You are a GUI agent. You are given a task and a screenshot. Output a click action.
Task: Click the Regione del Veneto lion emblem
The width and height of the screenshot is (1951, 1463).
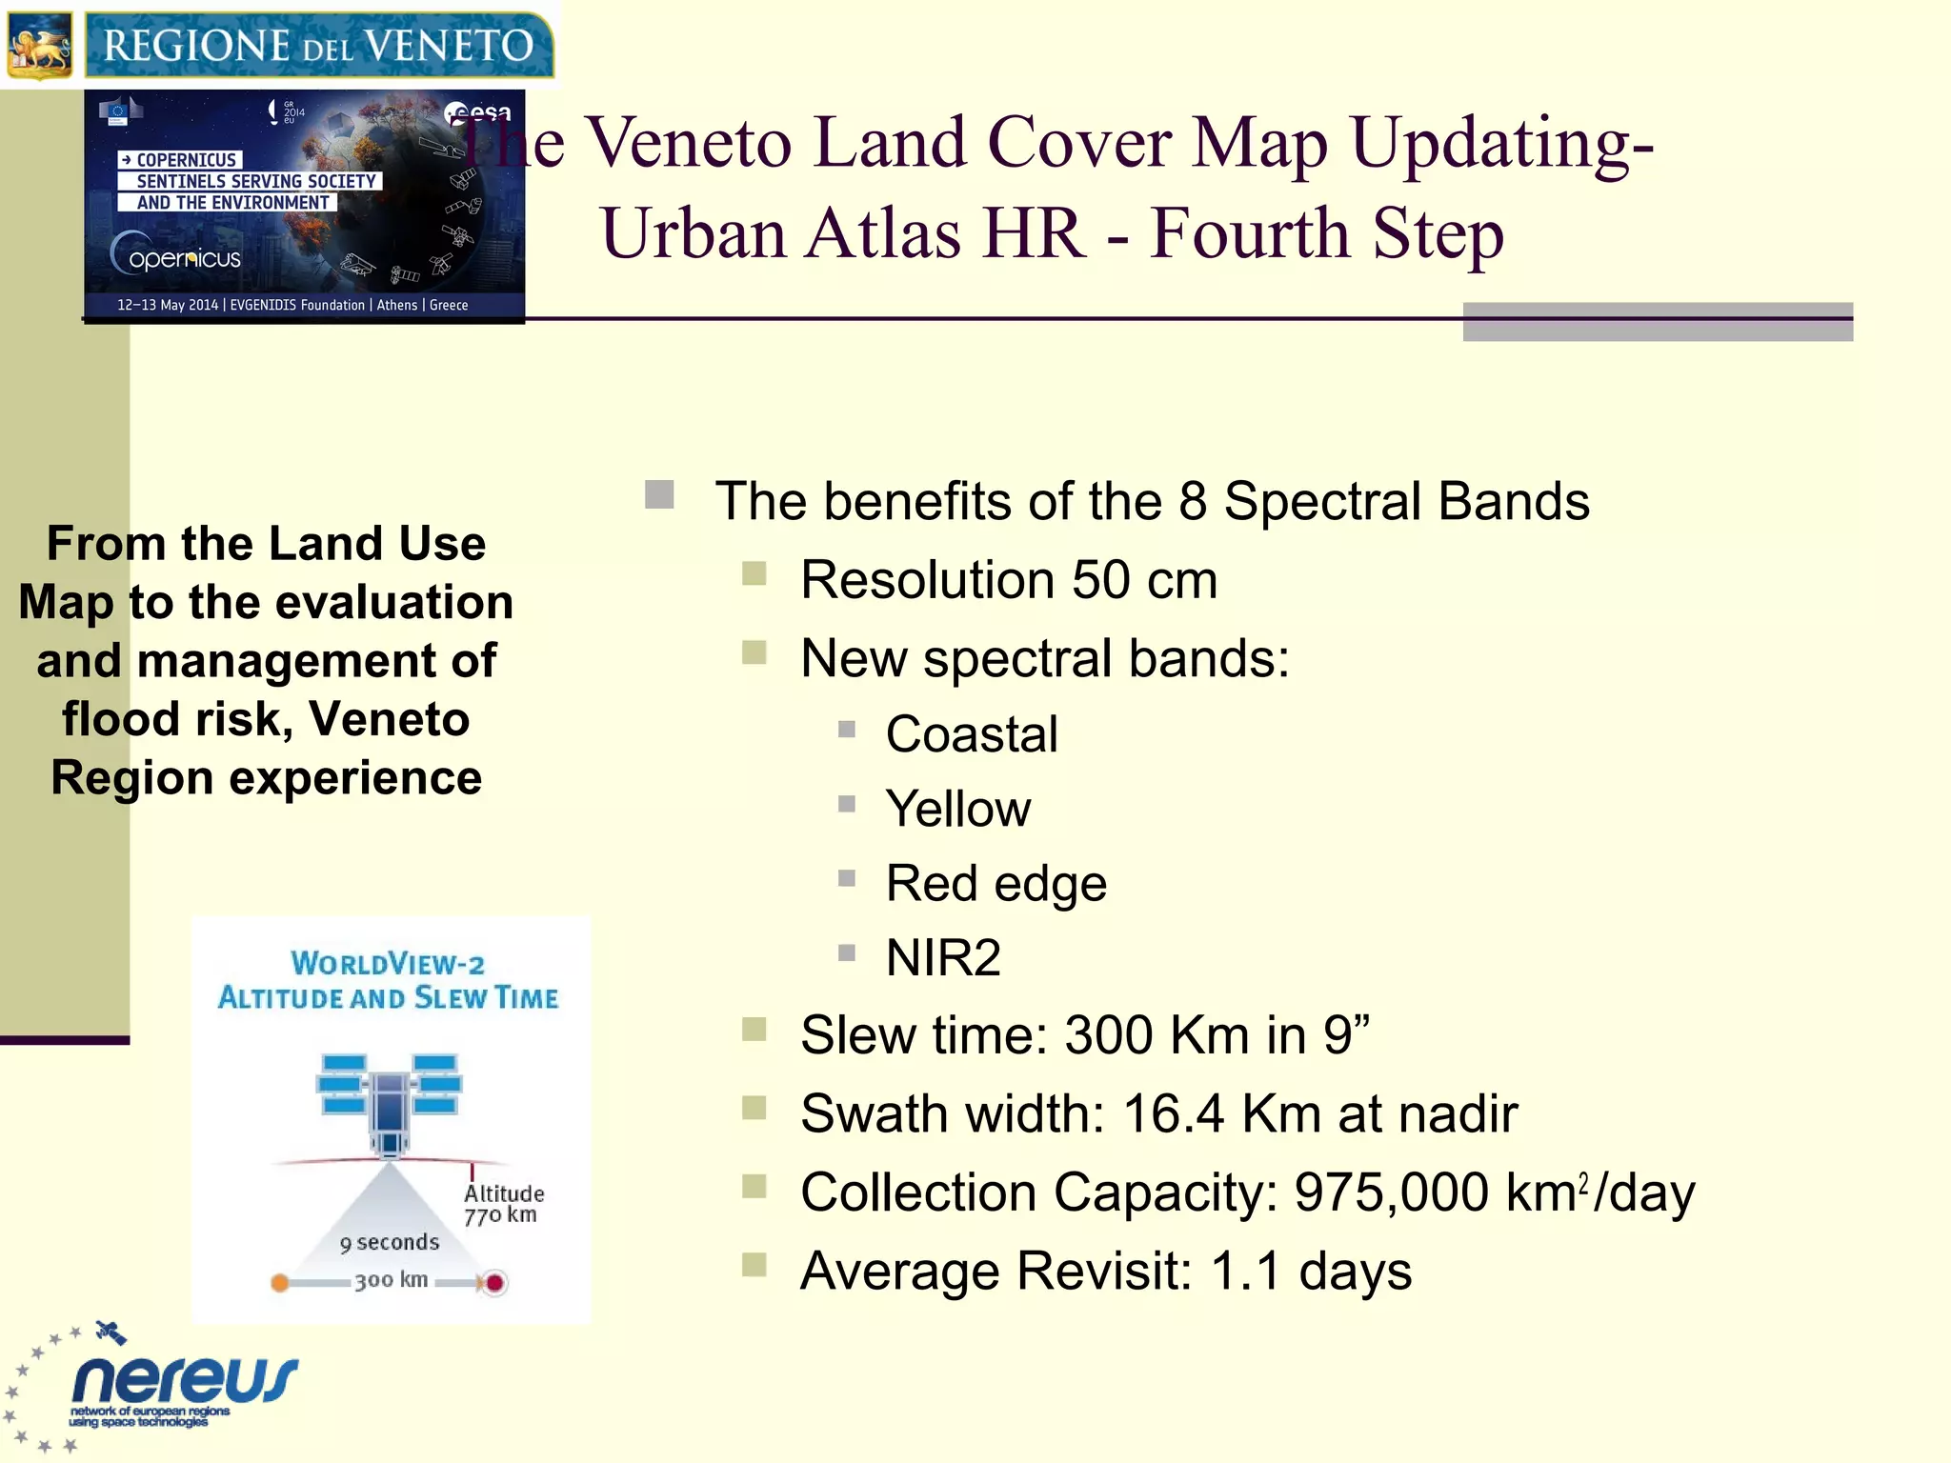coord(40,46)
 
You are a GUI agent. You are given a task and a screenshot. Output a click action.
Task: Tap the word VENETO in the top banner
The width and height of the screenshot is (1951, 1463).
coord(449,46)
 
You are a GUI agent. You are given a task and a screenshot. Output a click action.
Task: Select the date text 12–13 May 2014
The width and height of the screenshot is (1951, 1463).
coord(168,305)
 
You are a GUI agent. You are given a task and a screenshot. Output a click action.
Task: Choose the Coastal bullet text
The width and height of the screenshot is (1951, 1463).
coord(972,734)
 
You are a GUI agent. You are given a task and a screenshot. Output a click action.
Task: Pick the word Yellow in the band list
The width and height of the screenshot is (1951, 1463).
coord(957,809)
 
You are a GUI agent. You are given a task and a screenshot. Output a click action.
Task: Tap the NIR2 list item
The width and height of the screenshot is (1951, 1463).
coord(943,957)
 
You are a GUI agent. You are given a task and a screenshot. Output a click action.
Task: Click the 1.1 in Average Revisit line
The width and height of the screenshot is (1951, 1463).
coord(1245,1271)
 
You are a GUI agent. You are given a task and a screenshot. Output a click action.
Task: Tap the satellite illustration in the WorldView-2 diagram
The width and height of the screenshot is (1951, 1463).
coord(389,1100)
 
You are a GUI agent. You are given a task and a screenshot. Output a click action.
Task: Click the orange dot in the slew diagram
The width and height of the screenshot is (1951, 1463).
coord(280,1283)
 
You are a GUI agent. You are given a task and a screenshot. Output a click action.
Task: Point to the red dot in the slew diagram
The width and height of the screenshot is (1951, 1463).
coord(494,1283)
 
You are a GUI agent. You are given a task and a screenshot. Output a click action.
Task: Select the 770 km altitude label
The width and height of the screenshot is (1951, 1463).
coord(501,1214)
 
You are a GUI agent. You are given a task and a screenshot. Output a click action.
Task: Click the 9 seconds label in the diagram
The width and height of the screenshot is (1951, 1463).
coord(390,1243)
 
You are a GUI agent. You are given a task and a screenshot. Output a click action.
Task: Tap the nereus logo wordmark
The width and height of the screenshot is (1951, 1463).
coord(185,1379)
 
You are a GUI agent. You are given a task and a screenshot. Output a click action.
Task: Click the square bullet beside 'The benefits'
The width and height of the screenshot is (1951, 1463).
coord(659,494)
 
